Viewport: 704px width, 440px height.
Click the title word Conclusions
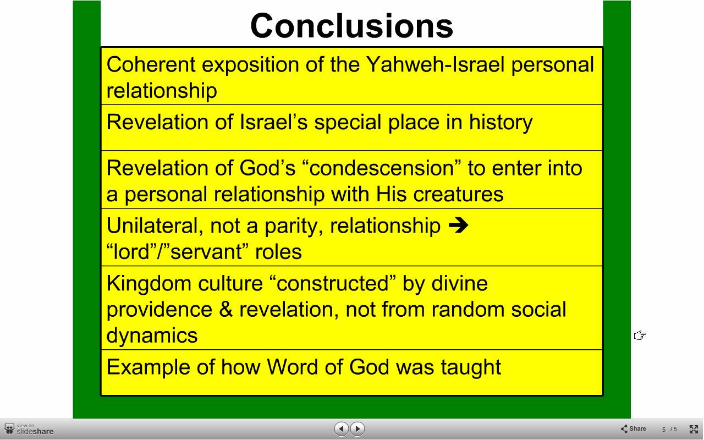[351, 26]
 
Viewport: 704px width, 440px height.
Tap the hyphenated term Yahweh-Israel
[436, 65]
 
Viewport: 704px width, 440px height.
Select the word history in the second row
[501, 123]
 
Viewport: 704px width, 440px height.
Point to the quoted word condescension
[382, 168]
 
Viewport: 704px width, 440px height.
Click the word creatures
[458, 194]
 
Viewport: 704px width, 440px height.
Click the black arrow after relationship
[459, 226]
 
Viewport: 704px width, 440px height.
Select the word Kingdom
[148, 283]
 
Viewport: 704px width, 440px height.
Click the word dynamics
[152, 336]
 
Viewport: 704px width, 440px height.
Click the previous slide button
[342, 428]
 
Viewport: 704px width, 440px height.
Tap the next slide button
[358, 428]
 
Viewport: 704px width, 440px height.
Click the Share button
[633, 428]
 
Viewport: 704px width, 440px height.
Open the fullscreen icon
[694, 429]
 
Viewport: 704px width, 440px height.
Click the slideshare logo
[29, 429]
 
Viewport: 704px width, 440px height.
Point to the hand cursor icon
[640, 335]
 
